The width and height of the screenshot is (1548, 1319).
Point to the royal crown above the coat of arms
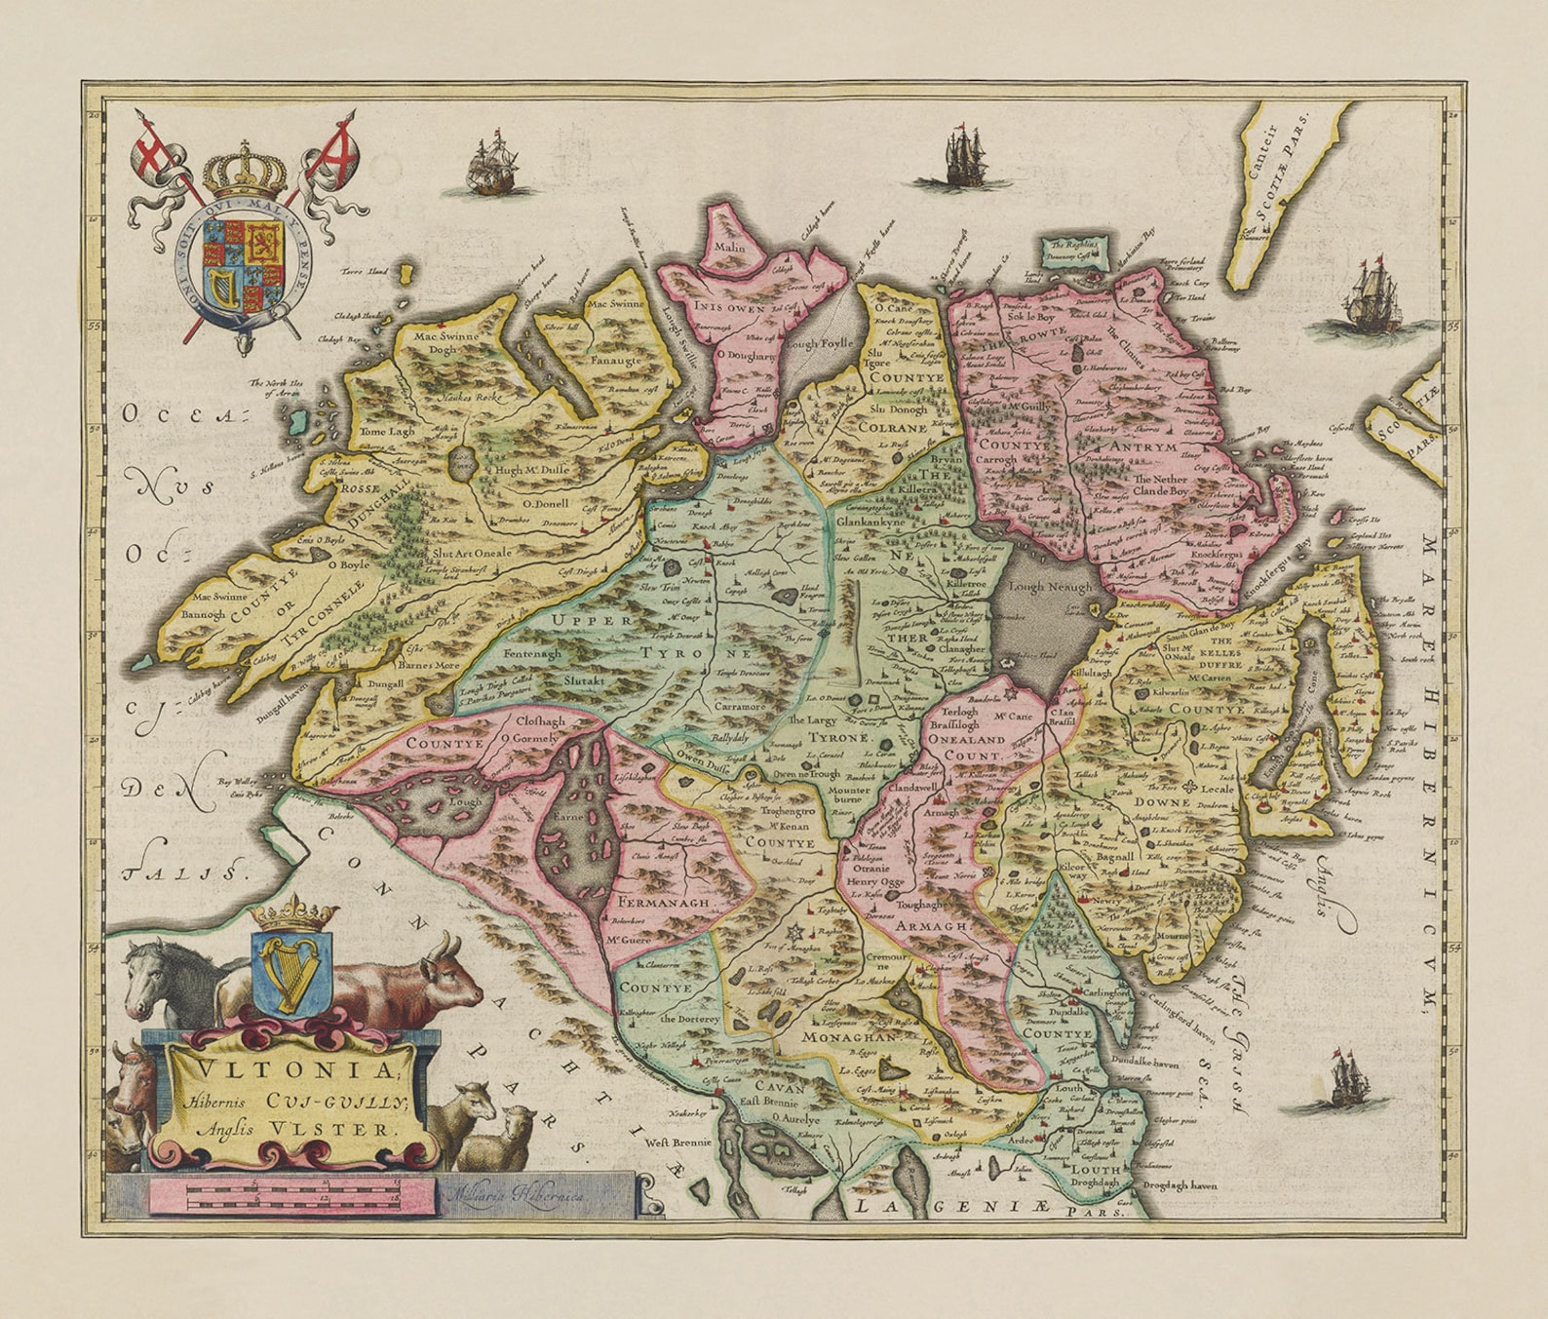point(245,172)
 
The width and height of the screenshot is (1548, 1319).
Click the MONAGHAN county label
point(848,1038)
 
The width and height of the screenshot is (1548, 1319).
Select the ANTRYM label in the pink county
point(1143,446)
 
